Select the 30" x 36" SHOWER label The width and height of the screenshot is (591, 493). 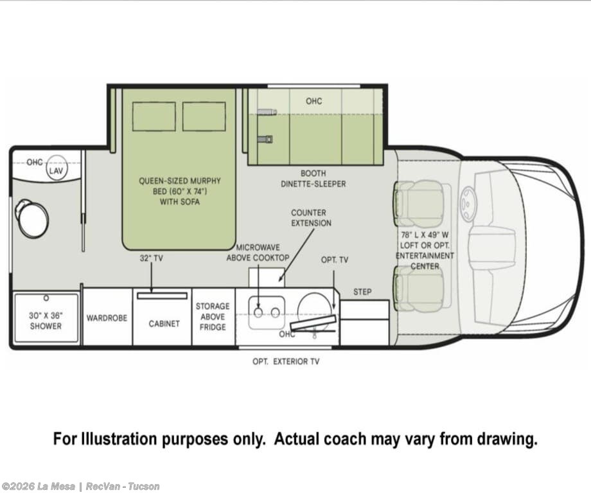coord(46,321)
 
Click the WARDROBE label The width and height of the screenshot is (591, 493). coord(107,318)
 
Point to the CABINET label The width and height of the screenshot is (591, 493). coord(164,324)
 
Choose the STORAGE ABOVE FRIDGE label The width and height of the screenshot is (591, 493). coord(213,316)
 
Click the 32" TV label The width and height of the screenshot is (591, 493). coord(151,258)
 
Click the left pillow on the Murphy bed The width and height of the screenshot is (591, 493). coord(154,116)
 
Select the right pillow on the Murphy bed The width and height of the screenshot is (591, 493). coord(204,116)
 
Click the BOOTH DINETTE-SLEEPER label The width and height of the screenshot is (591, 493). coord(313,179)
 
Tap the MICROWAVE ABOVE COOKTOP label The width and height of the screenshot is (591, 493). coord(258,253)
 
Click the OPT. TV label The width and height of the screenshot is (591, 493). coord(335,260)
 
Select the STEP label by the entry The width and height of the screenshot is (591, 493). coord(362,292)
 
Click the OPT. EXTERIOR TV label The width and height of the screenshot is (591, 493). coord(286,361)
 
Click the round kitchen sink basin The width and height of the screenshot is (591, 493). coord(315,311)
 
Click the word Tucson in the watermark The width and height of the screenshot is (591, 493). coord(144,487)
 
